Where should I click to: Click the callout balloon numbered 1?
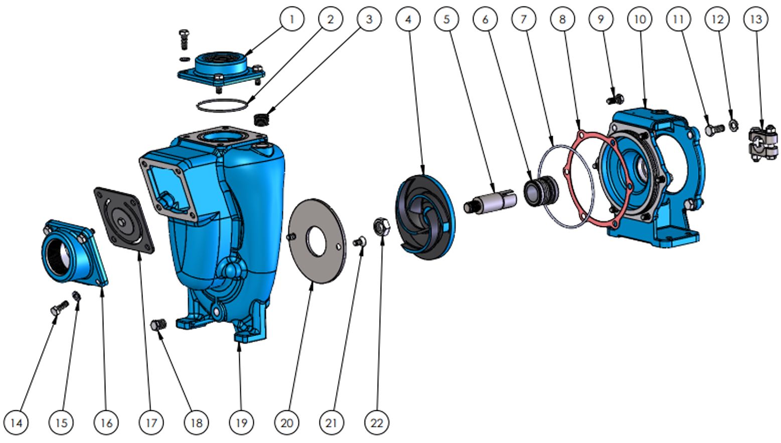[291, 19]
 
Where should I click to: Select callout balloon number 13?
[756, 19]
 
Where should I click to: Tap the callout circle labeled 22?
[376, 422]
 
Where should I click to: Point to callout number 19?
[241, 422]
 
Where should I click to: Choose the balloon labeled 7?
[524, 19]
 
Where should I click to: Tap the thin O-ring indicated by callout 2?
[222, 105]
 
